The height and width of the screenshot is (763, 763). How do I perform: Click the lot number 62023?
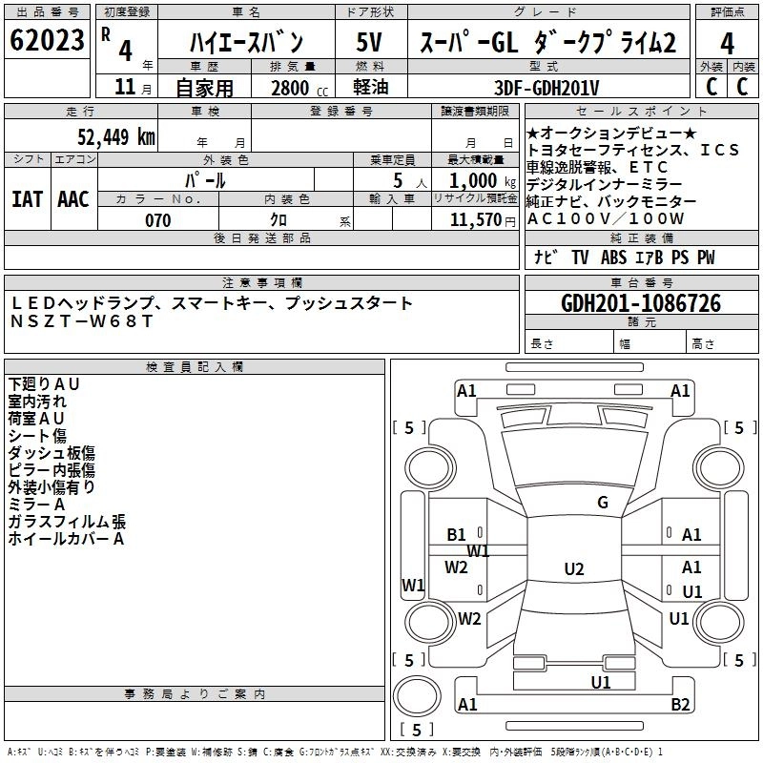[x=47, y=40]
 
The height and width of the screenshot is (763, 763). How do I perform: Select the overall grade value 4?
[x=727, y=44]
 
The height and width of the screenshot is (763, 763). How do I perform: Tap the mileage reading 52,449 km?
[x=116, y=136]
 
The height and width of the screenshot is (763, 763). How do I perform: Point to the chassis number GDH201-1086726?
[x=641, y=303]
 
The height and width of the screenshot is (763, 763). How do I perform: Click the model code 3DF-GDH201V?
[x=546, y=88]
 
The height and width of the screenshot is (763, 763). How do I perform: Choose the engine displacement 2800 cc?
[x=299, y=88]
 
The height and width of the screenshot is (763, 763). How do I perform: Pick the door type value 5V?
[x=369, y=42]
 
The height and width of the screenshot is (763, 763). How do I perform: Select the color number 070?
[x=158, y=220]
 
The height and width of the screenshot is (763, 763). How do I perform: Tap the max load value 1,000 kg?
[x=482, y=181]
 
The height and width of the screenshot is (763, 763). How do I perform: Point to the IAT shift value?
[x=27, y=199]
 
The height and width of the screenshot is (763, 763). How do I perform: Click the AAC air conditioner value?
[x=73, y=199]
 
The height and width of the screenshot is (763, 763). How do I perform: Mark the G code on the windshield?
[x=603, y=503]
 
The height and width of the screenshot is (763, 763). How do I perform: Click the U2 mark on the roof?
[x=574, y=568]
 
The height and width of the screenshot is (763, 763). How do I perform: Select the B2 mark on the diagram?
[x=680, y=704]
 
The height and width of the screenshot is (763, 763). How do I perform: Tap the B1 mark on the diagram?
[x=457, y=535]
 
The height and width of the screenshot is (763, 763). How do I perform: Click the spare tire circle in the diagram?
[x=417, y=696]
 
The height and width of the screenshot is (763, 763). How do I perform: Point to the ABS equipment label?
[x=613, y=258]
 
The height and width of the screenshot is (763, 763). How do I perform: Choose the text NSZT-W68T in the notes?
[x=82, y=321]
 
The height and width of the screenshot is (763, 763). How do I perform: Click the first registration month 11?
[x=125, y=87]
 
